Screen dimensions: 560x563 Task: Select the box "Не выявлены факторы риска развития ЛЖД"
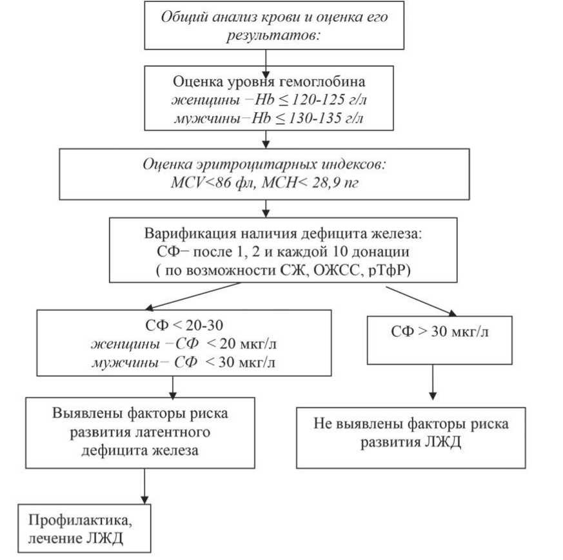pyautogui.click(x=411, y=433)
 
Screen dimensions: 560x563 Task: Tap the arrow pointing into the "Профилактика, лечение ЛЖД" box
pyautogui.click(x=144, y=489)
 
